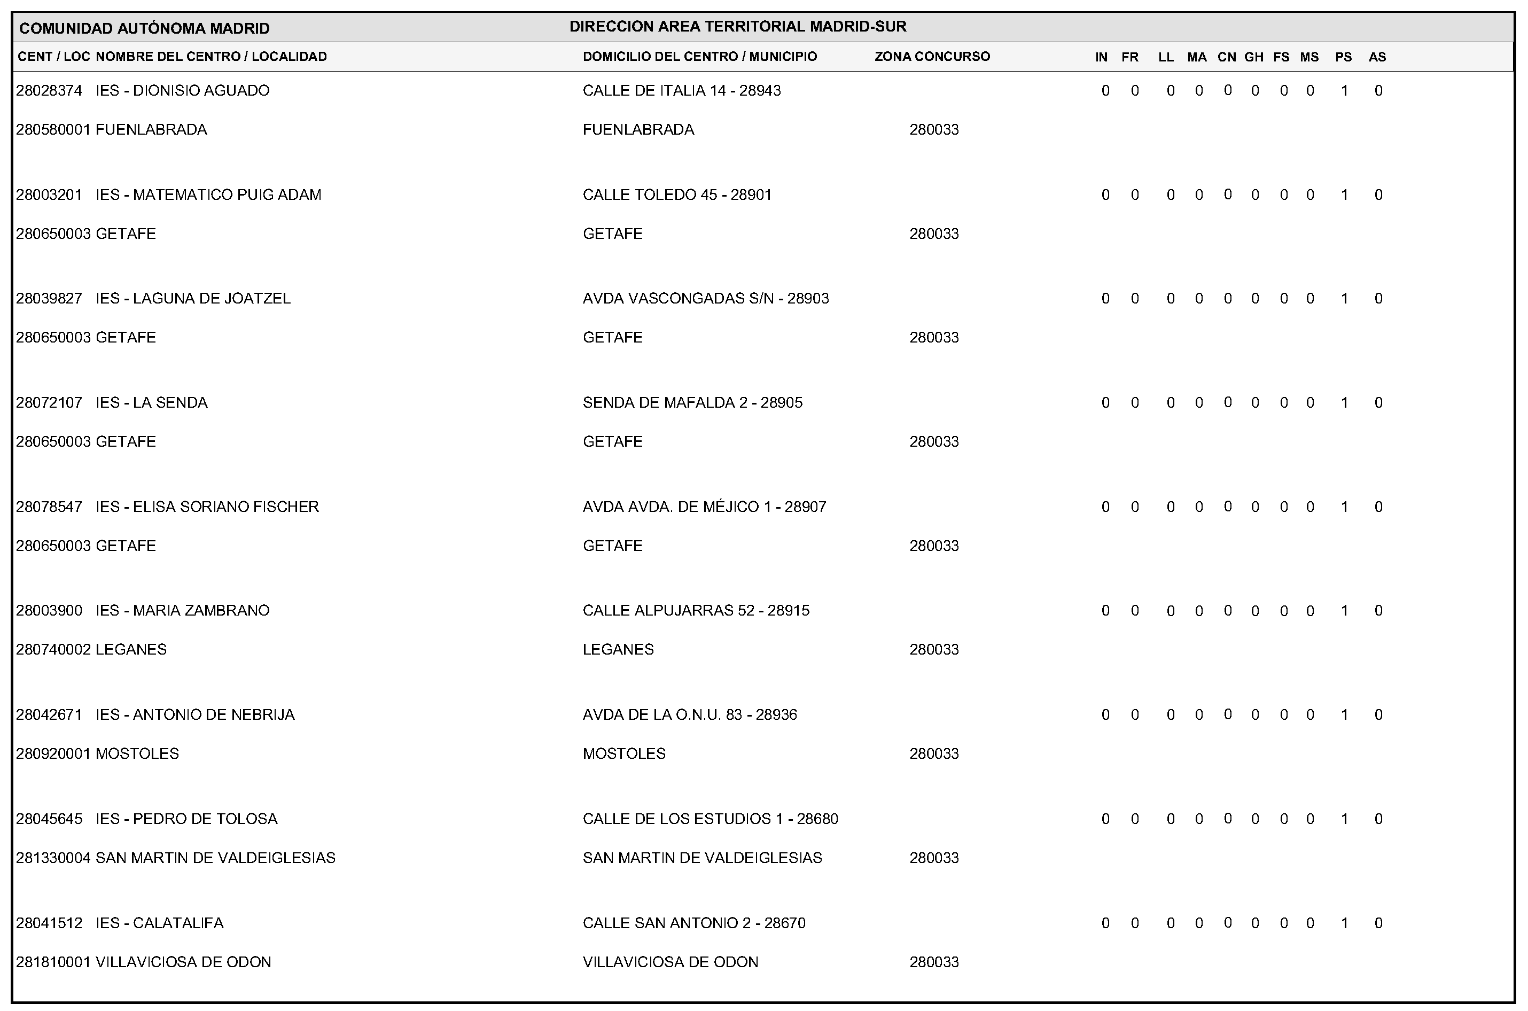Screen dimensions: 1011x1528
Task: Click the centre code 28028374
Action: pos(49,91)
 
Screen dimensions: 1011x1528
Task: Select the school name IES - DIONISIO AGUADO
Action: pos(183,91)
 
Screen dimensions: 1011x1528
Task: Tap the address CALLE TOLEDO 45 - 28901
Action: pos(677,195)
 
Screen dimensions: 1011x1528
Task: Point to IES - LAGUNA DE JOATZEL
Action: pos(193,299)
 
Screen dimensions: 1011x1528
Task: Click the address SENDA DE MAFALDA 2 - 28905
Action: pos(692,403)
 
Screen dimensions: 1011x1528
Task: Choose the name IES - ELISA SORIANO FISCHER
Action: pos(207,507)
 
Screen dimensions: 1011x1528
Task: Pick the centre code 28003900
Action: pos(49,611)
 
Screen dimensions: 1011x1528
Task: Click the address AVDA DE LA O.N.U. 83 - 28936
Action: pos(690,715)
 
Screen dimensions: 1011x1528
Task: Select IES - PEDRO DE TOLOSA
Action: pos(186,819)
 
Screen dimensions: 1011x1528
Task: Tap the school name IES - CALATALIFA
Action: pos(159,923)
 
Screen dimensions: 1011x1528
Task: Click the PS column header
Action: pos(1344,57)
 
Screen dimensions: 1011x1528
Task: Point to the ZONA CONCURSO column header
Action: pos(932,57)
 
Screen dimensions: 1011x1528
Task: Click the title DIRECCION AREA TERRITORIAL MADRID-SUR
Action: pos(738,26)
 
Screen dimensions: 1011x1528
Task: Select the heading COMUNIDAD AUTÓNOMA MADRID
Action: pos(144,28)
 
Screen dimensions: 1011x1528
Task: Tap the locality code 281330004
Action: pos(53,858)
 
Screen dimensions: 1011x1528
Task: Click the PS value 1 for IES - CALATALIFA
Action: pos(1344,923)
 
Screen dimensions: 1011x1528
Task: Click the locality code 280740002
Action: pos(53,650)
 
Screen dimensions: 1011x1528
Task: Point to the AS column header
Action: pos(1377,57)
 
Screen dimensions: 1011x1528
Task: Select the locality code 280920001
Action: pos(53,755)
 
